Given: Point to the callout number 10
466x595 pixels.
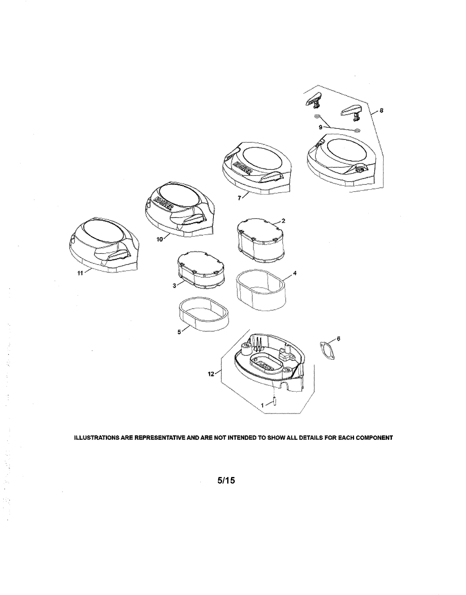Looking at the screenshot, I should tap(160, 239).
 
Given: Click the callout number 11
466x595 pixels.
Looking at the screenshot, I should tap(80, 273).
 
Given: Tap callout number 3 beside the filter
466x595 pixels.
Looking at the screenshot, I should tap(174, 286).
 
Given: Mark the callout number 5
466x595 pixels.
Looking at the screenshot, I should tap(179, 332).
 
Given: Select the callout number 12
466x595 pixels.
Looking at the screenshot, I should tap(211, 374).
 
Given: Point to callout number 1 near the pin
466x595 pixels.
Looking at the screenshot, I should tap(262, 406).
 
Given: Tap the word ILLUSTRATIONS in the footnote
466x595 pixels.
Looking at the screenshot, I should tap(95, 438).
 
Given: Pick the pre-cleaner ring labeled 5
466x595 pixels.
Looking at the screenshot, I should tap(204, 314).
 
